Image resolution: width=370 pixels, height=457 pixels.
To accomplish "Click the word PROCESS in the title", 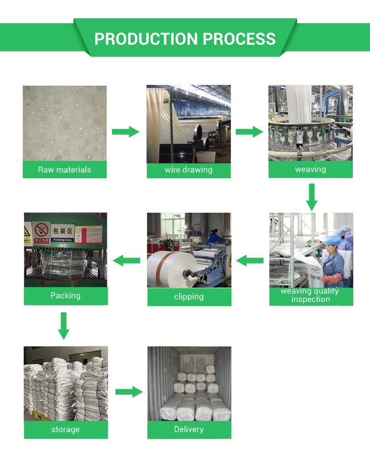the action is [x=239, y=39].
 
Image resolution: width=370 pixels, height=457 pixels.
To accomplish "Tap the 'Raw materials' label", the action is [x=65, y=170].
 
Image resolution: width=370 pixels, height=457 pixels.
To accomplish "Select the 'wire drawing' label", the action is [x=188, y=170].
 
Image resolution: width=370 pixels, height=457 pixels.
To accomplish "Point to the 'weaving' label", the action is [x=310, y=169].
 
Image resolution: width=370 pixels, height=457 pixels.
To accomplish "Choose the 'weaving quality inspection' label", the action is [x=310, y=295].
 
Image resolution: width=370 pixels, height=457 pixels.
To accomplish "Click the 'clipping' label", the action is [x=188, y=297].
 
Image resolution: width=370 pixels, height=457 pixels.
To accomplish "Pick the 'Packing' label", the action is [x=65, y=296].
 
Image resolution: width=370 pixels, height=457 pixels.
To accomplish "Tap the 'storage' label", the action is [x=65, y=429].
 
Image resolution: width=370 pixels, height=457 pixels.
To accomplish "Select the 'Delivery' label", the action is [x=188, y=429].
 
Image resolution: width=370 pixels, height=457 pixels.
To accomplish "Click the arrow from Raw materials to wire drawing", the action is [x=126, y=132].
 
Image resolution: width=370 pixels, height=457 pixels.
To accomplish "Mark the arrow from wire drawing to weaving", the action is [x=250, y=132].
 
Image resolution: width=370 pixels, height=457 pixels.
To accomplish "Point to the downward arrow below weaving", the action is [x=311, y=197].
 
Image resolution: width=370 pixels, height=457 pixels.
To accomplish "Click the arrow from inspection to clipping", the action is [x=250, y=260].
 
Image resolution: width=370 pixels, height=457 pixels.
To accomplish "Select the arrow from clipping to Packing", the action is [x=127, y=260].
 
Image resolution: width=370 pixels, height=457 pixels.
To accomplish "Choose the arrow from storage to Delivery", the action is [x=129, y=392].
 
